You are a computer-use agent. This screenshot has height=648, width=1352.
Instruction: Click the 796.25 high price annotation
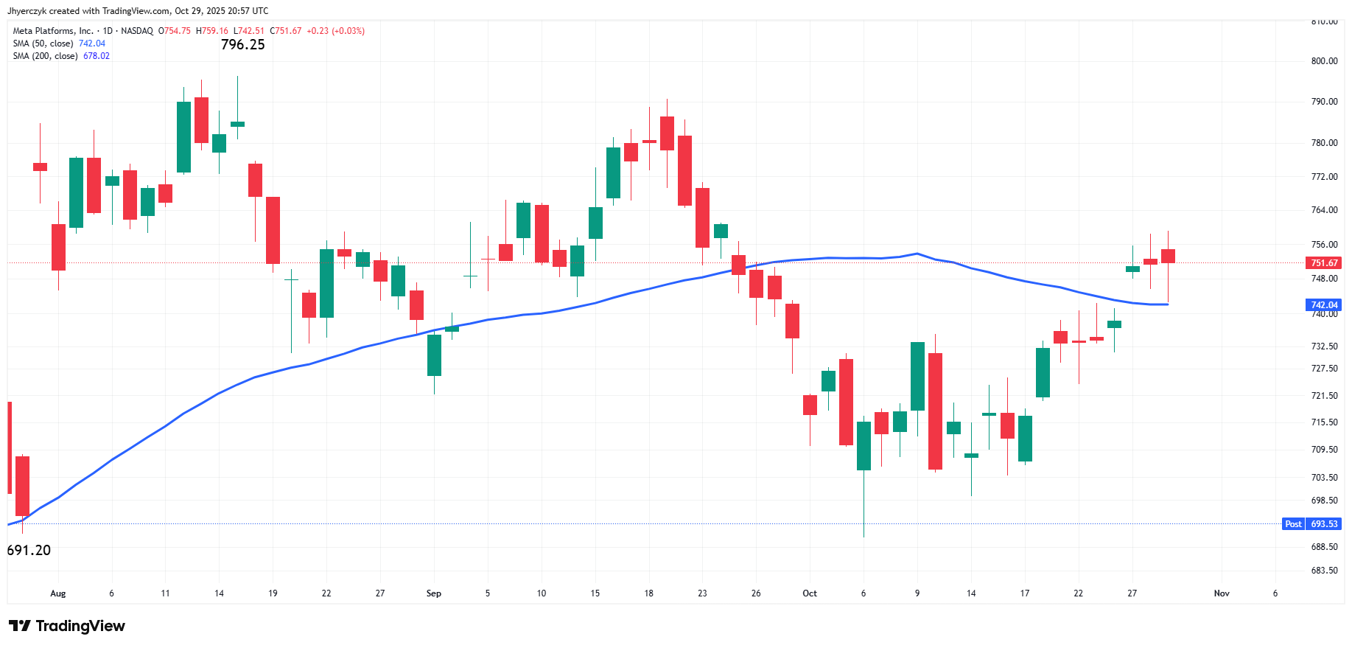click(242, 45)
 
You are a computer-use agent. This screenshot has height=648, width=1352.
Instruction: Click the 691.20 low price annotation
click(29, 551)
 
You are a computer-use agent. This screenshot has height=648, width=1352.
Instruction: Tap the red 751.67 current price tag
click(1323, 263)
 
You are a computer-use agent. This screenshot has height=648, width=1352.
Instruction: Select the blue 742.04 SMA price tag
click(1323, 305)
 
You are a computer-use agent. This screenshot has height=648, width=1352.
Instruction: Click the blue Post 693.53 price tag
click(1311, 524)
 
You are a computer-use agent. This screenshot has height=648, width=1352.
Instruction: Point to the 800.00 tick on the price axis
click(1324, 61)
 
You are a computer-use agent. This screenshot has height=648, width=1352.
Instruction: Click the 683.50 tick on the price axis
click(1324, 571)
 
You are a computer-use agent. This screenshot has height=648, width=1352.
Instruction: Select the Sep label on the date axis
click(433, 593)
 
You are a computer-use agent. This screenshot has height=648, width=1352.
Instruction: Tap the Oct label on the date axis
click(810, 593)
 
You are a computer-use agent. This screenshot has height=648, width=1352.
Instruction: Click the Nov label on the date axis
click(1222, 593)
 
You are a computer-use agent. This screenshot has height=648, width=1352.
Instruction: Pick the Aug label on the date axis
click(57, 593)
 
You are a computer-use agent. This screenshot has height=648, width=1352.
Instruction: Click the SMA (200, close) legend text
click(45, 56)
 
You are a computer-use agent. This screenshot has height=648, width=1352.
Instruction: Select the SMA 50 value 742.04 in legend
click(92, 43)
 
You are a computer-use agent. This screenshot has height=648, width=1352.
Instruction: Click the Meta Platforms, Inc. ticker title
click(53, 31)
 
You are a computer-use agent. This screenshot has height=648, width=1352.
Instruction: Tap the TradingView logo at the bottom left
click(67, 626)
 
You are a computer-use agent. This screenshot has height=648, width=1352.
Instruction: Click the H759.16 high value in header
click(212, 31)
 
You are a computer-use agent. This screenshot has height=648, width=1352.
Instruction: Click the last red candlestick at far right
click(1168, 256)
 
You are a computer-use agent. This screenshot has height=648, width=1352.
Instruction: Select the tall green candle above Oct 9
click(917, 376)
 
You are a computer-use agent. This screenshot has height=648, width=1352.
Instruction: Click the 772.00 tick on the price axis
click(1324, 177)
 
